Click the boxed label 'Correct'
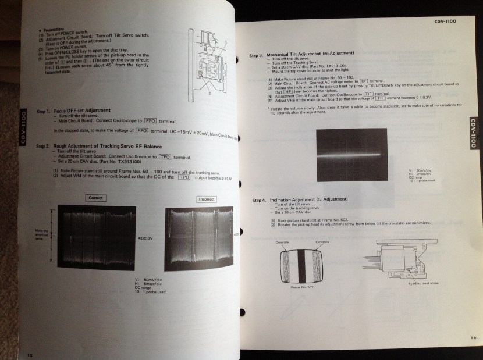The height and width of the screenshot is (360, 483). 95,198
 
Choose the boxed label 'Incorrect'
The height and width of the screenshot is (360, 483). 206,199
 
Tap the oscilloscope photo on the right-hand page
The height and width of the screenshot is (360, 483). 351,152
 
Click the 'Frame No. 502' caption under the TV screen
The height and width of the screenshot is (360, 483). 302,287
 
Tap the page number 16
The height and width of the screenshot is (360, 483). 471,337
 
